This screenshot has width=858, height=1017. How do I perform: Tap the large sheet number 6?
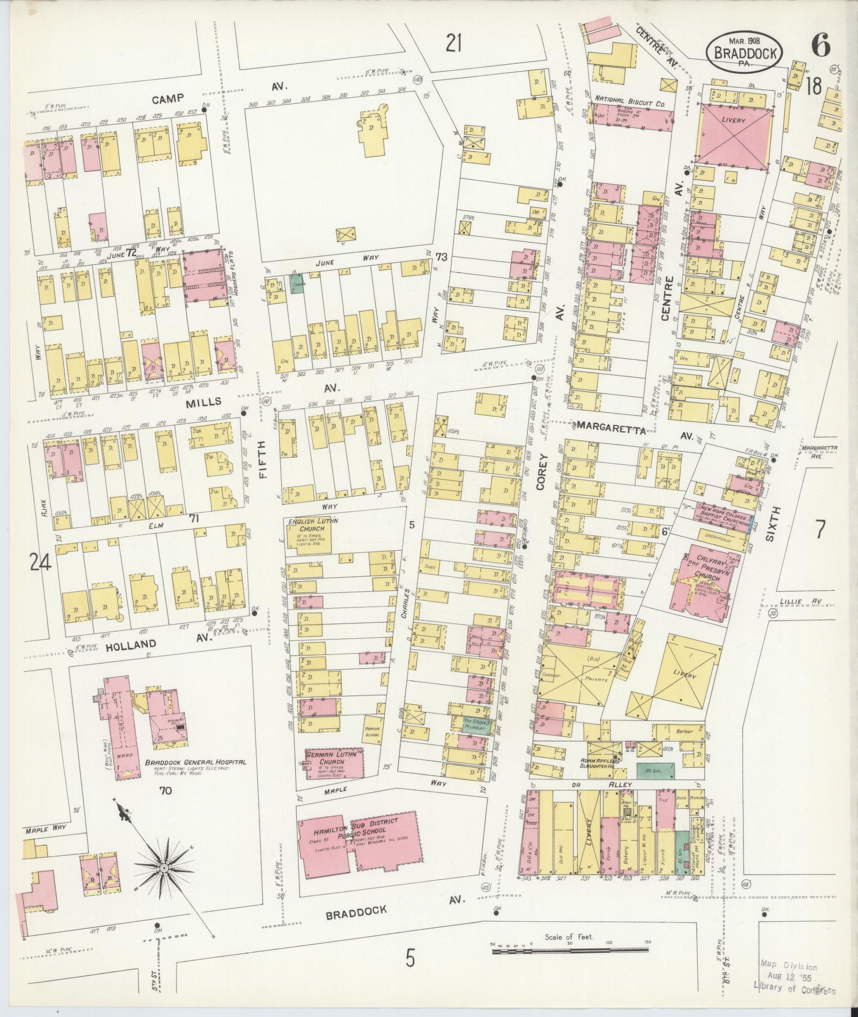pyautogui.click(x=820, y=47)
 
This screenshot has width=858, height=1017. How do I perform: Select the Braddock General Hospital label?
pyautogui.click(x=196, y=762)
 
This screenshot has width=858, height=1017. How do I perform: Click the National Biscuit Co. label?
pyautogui.click(x=630, y=99)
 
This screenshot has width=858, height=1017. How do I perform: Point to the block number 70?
pyautogui.click(x=165, y=805)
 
